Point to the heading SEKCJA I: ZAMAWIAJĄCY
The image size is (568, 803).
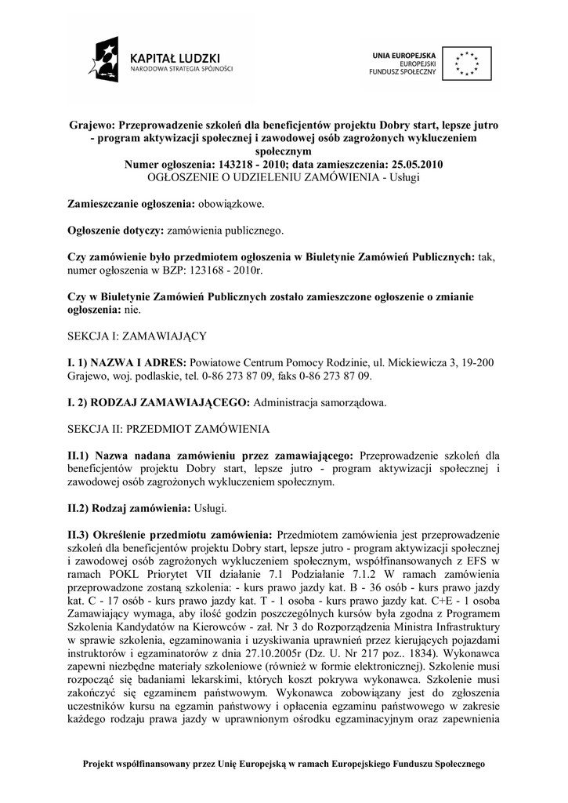137,336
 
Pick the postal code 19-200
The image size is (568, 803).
477,362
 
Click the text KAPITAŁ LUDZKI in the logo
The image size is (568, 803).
175,57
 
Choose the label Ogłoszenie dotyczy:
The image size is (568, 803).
115,231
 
